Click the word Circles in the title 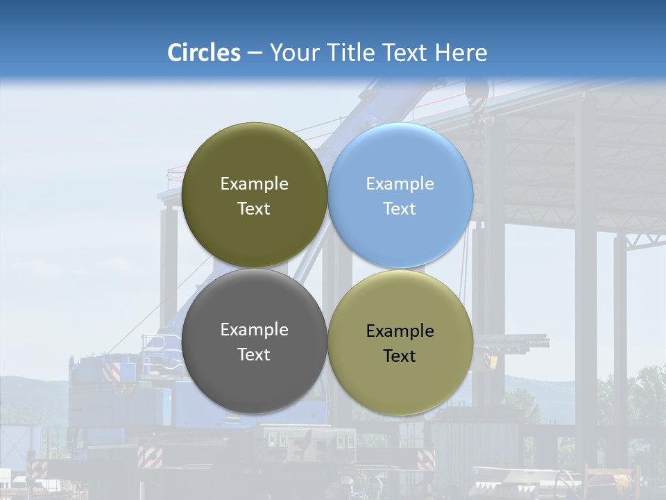click(203, 53)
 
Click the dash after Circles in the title click(255, 53)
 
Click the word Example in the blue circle click(400, 183)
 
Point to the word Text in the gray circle click(254, 354)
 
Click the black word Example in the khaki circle click(400, 331)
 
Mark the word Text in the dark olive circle click(254, 208)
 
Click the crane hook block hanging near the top click(477, 94)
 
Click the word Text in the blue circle click(400, 208)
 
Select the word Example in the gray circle click(254, 329)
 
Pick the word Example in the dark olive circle click(254, 183)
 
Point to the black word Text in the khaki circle click(400, 356)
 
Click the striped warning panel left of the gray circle click(111, 370)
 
